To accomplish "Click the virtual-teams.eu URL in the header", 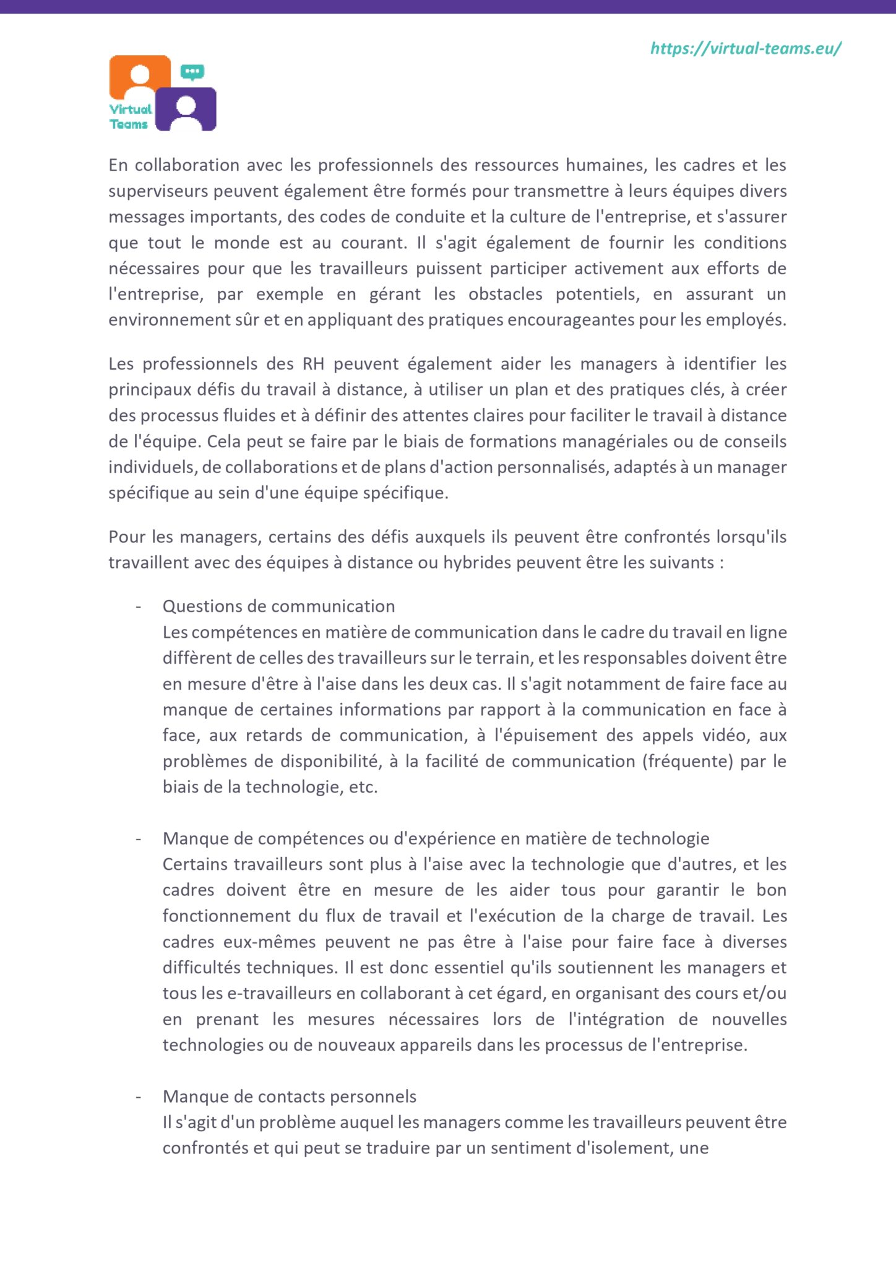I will point(746,48).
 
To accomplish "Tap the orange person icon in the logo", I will point(140,77).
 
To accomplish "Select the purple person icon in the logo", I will point(186,109).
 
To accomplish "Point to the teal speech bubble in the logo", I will point(192,72).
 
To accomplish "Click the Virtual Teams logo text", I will point(130,116).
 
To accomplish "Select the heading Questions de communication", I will point(278,606).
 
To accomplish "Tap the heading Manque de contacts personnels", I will point(289,1096).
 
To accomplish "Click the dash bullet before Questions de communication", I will point(138,607).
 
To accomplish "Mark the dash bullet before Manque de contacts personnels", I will point(138,1097).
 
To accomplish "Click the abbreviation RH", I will point(313,363).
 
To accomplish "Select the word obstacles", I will point(505,294).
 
